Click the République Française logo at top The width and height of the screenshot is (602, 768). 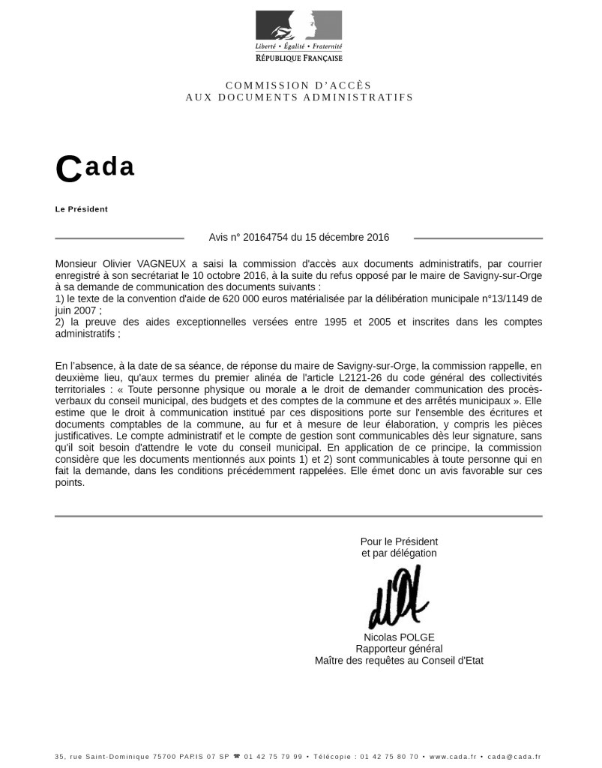click(298, 36)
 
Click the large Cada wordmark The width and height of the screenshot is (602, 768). click(95, 168)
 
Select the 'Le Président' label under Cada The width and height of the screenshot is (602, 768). click(82, 209)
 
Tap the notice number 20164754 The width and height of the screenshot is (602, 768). click(265, 238)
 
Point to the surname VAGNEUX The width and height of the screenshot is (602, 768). click(165, 264)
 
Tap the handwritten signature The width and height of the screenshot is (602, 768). click(397, 598)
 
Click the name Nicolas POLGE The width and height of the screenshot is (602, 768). click(399, 637)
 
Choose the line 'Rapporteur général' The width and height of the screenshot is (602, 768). click(399, 649)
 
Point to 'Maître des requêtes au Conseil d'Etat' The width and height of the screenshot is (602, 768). click(399, 661)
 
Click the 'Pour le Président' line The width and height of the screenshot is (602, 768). click(399, 541)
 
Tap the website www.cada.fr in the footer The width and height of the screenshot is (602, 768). click(453, 757)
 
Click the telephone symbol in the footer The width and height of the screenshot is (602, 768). click(238, 757)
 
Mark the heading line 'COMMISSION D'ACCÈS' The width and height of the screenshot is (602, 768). click(298, 85)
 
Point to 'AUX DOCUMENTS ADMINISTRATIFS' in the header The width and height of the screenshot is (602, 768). click(299, 97)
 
